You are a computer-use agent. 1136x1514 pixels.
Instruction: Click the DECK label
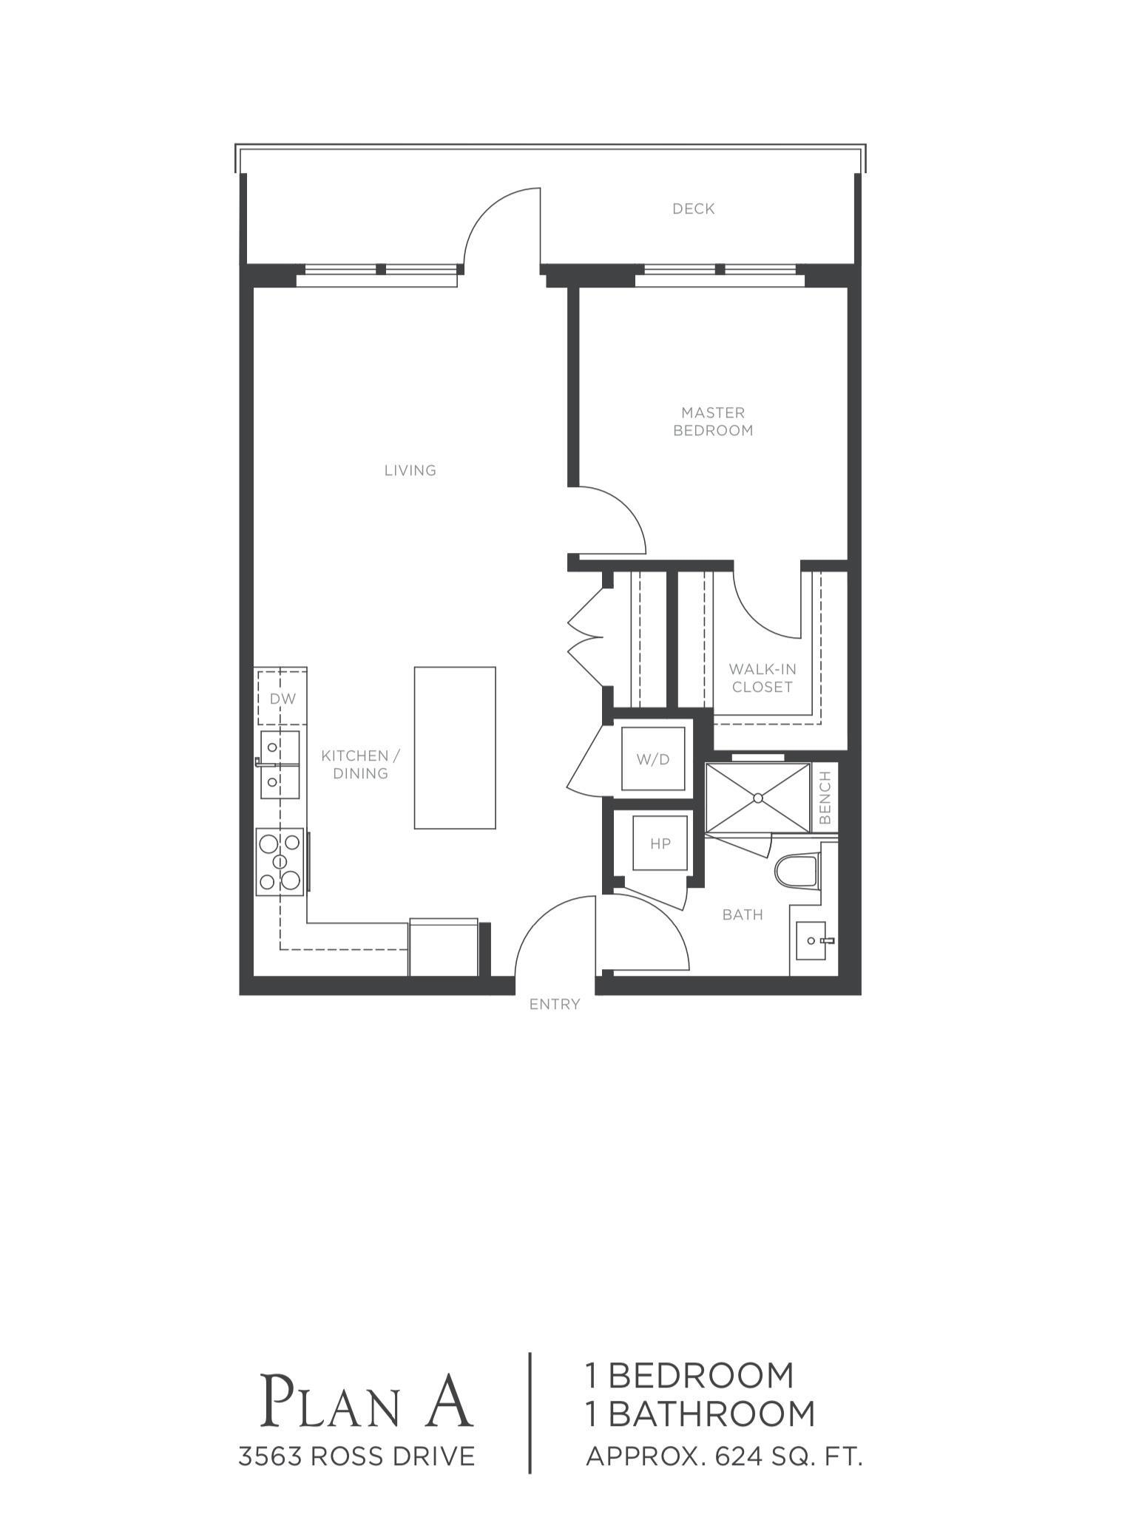[693, 209]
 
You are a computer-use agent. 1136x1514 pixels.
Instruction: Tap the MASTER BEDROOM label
[713, 421]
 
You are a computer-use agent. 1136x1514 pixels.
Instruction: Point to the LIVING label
[410, 470]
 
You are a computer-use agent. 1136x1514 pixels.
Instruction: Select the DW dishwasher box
[282, 698]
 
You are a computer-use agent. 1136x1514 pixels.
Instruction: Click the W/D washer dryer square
[653, 759]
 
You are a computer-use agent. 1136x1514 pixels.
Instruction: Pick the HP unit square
[660, 843]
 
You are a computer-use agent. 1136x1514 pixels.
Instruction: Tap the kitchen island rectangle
[455, 748]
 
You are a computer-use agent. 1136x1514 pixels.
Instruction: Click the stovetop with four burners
[280, 862]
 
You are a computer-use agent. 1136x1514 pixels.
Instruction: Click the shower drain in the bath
[758, 798]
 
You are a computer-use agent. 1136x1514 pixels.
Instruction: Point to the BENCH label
[825, 798]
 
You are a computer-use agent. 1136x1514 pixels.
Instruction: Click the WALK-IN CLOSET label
[763, 678]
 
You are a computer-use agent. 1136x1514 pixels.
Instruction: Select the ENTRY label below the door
[555, 1004]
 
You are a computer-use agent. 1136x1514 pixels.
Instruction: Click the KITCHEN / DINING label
[360, 764]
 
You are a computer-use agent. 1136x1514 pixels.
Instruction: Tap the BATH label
[743, 914]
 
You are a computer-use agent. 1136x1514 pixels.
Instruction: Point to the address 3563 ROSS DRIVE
[356, 1456]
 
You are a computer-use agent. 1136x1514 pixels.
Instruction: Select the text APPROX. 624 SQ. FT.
[725, 1456]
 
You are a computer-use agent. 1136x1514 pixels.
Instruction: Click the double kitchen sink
[278, 764]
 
